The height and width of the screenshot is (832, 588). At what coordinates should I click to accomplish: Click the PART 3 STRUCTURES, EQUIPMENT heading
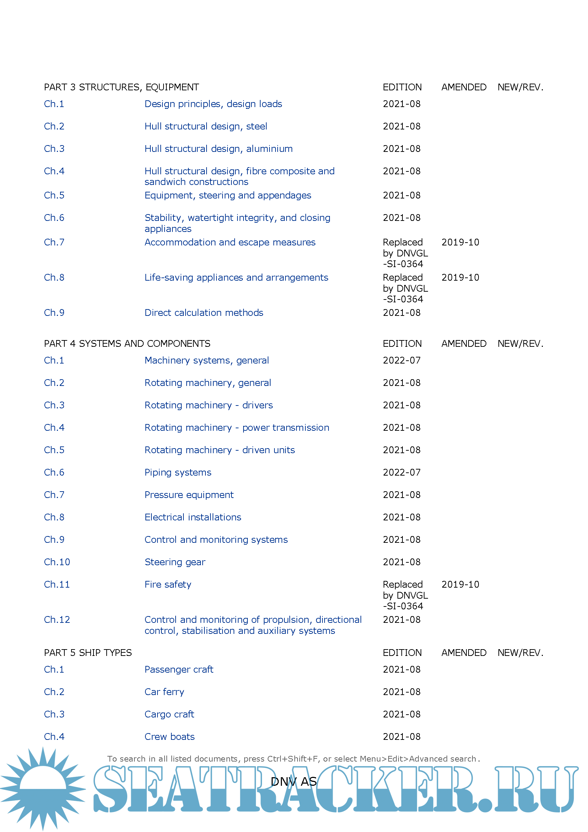click(121, 88)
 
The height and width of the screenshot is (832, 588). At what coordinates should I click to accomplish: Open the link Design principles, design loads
click(213, 104)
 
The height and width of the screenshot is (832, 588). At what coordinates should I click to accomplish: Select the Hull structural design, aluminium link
click(218, 149)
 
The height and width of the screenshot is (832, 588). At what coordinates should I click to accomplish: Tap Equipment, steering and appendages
click(228, 195)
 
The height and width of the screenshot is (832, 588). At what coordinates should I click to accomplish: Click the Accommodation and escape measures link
click(230, 242)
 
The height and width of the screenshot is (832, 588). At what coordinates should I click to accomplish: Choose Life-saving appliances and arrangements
click(236, 277)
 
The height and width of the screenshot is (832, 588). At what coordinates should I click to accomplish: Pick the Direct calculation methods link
click(203, 312)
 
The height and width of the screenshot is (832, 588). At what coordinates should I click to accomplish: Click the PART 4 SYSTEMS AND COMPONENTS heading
click(127, 343)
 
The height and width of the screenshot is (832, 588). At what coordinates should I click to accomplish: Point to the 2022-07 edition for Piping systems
click(401, 472)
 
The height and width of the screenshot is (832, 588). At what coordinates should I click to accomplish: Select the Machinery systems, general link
click(207, 360)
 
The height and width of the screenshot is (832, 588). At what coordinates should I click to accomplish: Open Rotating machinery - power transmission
click(236, 428)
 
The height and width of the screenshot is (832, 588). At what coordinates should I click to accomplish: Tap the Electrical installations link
click(193, 517)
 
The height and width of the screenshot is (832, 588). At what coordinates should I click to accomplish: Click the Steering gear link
click(175, 562)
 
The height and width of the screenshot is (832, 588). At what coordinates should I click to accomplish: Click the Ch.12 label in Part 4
click(57, 620)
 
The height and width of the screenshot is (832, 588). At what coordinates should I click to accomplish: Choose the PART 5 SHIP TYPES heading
click(87, 653)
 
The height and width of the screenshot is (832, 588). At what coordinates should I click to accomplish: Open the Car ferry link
click(164, 692)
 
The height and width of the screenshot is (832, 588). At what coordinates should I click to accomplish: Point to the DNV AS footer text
click(293, 781)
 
